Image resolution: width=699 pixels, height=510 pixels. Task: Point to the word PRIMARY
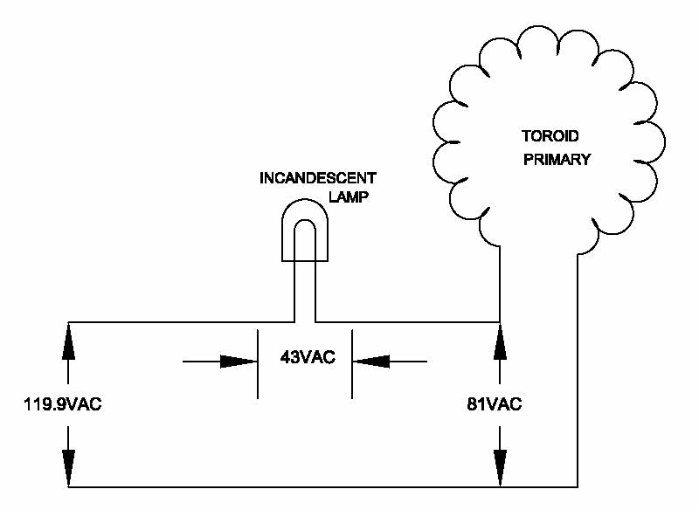558,159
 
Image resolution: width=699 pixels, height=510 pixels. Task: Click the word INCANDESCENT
318,178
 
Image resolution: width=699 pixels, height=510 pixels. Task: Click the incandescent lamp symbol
304,231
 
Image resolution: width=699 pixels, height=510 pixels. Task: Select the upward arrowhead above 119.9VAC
68,337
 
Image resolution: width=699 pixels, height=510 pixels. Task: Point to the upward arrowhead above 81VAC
500,337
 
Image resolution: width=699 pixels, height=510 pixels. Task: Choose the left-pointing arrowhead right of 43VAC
370,361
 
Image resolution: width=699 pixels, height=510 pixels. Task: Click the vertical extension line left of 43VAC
257,363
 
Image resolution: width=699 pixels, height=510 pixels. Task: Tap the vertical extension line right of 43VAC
351,363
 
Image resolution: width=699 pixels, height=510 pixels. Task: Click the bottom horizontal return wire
323,486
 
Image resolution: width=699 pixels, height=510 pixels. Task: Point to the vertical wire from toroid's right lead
578,367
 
